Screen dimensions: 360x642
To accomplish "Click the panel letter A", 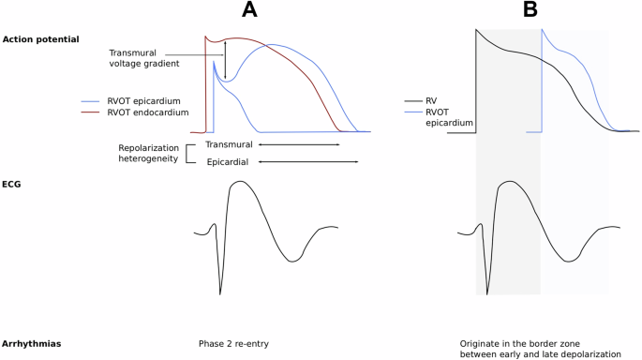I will point(248,11).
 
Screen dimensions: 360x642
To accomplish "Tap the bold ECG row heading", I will point(13,185).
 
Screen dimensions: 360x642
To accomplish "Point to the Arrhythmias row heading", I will point(31,344).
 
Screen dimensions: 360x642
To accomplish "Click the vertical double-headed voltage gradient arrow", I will point(225,67).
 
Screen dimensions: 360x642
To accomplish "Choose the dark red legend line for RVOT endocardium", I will point(93,112).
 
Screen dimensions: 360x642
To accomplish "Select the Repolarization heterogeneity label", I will point(148,154).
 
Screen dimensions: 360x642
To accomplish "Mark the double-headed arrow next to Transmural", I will point(299,145).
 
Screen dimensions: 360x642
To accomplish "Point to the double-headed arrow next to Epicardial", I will point(308,162).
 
